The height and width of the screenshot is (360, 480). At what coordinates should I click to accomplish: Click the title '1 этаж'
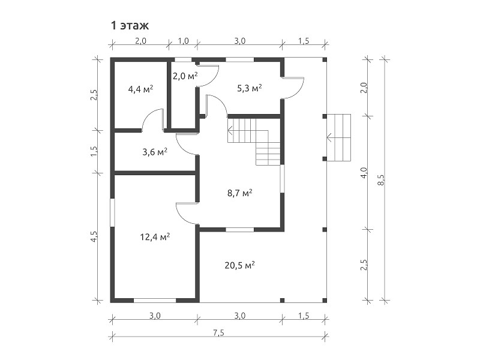pyautogui.click(x=130, y=26)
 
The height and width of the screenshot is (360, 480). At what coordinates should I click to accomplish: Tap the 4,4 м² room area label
pyautogui.click(x=140, y=89)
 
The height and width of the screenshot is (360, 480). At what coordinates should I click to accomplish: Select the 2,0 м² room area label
pyautogui.click(x=185, y=76)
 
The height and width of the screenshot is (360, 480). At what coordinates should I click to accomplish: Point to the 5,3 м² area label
pyautogui.click(x=250, y=88)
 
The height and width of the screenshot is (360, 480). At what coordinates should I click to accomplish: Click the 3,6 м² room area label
pyautogui.click(x=155, y=152)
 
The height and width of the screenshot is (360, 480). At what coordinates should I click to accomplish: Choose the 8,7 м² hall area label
pyautogui.click(x=239, y=193)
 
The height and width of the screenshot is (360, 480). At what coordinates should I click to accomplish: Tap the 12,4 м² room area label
pyautogui.click(x=155, y=236)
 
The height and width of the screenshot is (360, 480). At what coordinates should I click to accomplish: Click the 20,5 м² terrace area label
pyautogui.click(x=239, y=265)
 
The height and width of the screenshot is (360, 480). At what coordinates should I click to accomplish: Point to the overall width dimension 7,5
pyautogui.click(x=218, y=332)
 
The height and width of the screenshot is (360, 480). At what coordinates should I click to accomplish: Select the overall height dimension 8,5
pyautogui.click(x=381, y=179)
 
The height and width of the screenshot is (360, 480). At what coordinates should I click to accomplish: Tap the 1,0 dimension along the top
pyautogui.click(x=183, y=41)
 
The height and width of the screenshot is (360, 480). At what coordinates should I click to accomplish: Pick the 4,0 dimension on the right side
pyautogui.click(x=364, y=173)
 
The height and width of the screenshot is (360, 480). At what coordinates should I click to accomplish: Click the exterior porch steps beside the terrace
pyautogui.click(x=338, y=137)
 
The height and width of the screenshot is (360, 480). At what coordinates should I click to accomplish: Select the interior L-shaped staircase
pyautogui.click(x=254, y=142)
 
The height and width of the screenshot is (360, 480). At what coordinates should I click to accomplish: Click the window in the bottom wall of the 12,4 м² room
pyautogui.click(x=155, y=301)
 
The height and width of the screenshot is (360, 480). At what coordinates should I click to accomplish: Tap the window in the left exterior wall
pyautogui.click(x=112, y=213)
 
